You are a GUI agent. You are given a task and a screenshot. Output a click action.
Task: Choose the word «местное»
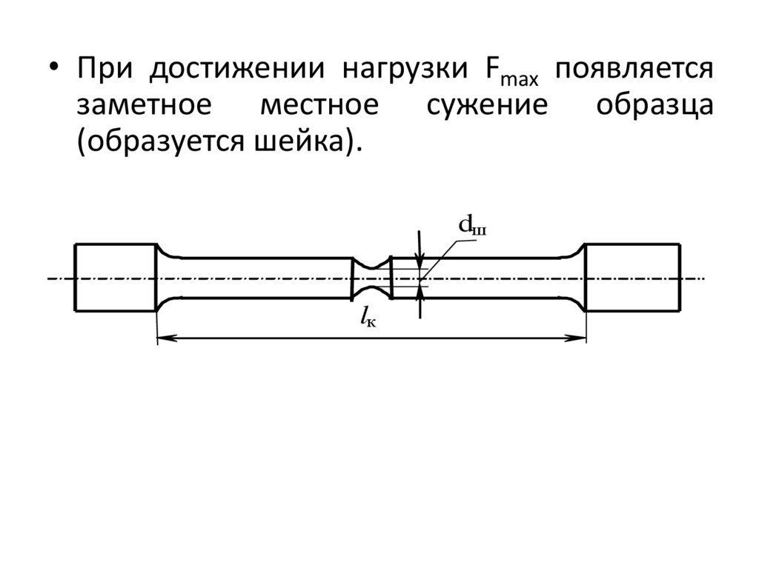pos(319,105)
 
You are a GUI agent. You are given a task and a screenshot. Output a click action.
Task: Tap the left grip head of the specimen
pos(115,277)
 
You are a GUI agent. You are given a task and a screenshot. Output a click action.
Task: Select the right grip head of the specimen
pos(632,277)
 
